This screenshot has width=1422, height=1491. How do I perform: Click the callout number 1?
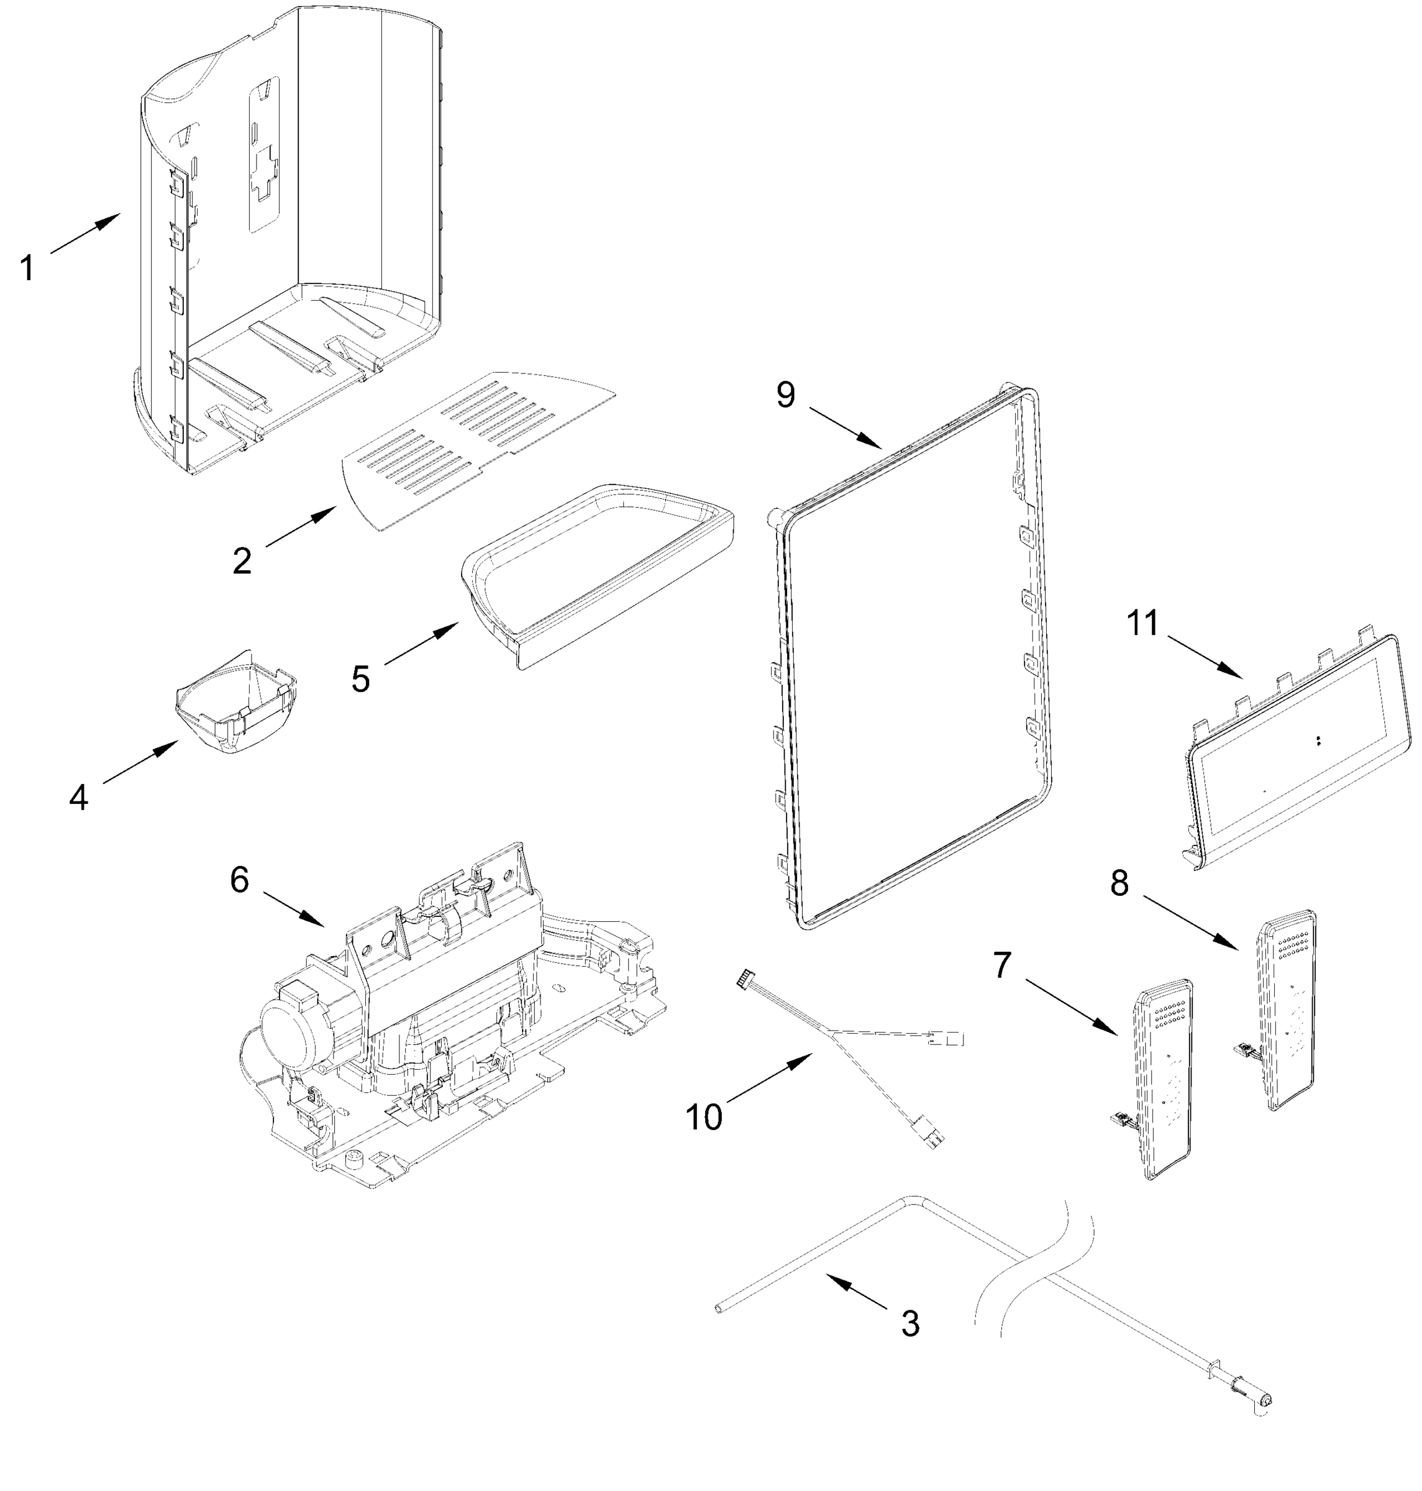(27, 268)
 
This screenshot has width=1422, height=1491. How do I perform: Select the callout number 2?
(242, 561)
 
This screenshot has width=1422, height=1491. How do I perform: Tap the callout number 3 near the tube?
(909, 1323)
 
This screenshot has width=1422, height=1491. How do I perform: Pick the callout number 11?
(1142, 623)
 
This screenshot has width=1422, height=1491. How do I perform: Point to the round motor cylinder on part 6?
(288, 1031)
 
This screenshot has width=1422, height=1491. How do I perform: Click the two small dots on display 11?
(1319, 741)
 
